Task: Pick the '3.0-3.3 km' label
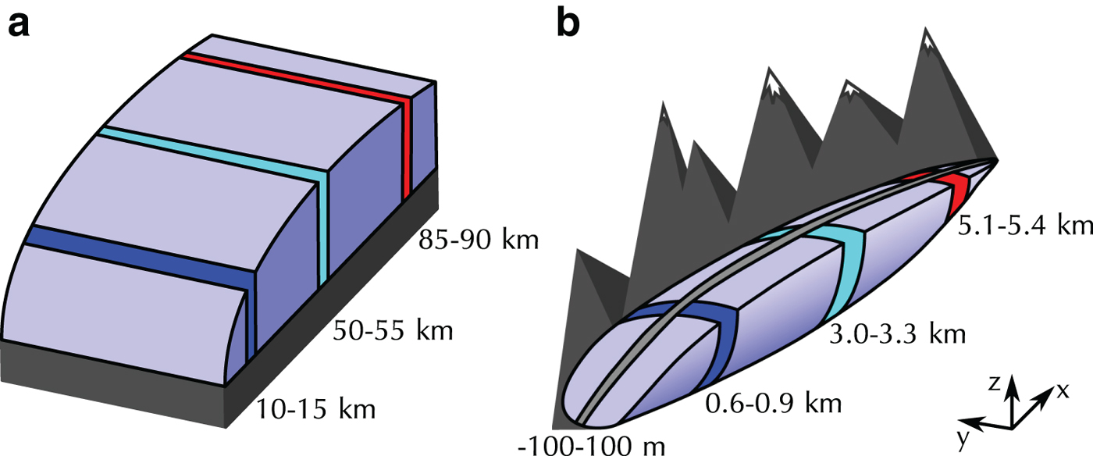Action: click(897, 334)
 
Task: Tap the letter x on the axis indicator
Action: click(1062, 392)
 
